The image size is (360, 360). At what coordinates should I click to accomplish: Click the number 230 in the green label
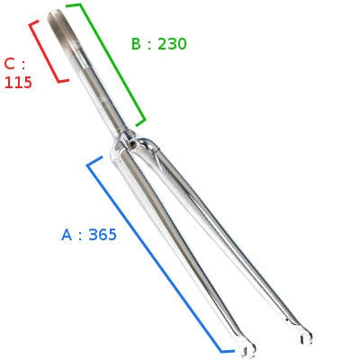(x=172, y=44)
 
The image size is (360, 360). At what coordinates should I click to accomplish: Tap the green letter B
(x=136, y=44)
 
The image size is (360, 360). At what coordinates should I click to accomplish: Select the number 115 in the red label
(x=18, y=82)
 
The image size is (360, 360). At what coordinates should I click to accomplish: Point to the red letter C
(x=10, y=64)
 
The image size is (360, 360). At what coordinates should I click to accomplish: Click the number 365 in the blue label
(x=103, y=235)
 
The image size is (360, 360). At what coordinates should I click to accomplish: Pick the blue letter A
(x=67, y=235)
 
